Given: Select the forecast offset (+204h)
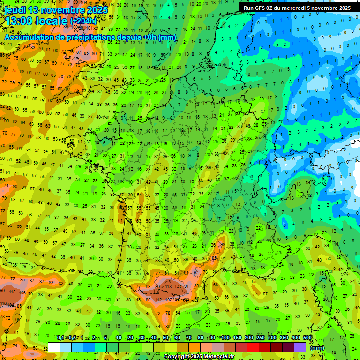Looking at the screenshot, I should [83, 21].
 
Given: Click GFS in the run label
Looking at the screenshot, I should [261, 8].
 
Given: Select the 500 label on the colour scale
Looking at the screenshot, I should [307, 338].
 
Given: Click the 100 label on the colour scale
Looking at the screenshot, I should [225, 338].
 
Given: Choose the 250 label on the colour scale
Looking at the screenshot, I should [261, 338].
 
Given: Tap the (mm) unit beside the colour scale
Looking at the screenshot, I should [317, 348].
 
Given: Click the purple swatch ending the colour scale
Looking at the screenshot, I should [300, 347].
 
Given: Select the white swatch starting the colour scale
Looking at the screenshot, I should [54, 347].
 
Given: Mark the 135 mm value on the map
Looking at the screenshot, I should [178, 286].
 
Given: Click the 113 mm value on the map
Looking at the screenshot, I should [168, 286].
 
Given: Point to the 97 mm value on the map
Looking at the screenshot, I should [196, 272].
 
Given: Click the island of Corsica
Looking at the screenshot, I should [322, 291].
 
